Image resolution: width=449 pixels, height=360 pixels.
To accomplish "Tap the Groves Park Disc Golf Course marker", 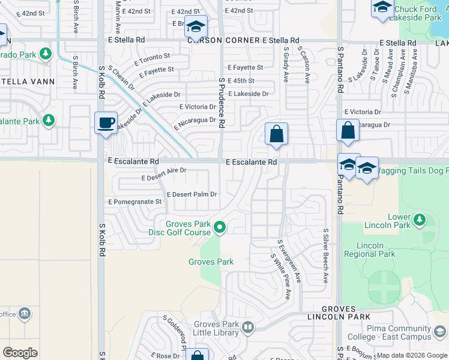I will (220, 227).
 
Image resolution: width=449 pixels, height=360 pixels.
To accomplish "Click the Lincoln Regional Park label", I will (376, 250).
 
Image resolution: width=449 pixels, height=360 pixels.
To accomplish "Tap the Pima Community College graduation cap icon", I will (440, 331).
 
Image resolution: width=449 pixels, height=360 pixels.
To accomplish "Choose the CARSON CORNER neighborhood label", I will (223, 40).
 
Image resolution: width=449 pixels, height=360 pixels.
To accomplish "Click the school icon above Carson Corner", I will (196, 26).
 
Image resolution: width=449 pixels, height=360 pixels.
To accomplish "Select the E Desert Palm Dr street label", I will (191, 194).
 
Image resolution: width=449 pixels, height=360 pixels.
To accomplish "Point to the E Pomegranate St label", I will (134, 202).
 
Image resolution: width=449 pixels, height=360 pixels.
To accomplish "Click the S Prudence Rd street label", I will (221, 102).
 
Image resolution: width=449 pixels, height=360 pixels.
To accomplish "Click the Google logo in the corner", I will (20, 352).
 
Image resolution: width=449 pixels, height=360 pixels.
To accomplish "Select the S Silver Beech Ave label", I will (325, 255).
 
